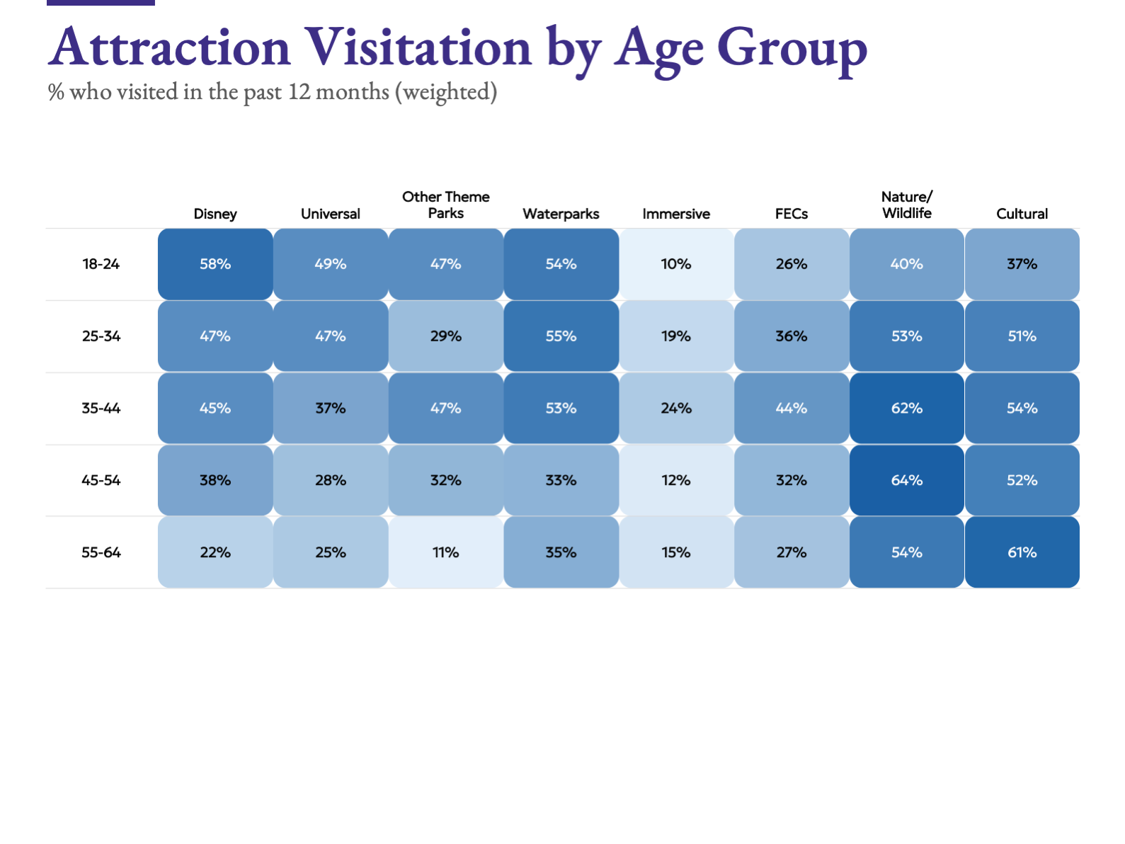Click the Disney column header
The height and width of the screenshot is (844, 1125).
click(215, 214)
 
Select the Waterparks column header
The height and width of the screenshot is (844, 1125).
click(561, 214)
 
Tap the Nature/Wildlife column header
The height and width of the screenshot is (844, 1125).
click(906, 205)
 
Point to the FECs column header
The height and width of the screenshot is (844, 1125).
click(791, 214)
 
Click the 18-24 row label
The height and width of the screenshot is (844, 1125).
click(101, 264)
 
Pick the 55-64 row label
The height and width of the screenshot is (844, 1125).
click(101, 552)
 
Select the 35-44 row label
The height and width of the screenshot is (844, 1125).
click(101, 409)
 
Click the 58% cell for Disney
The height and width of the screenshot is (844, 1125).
click(215, 264)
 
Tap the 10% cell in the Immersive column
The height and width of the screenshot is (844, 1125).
click(676, 264)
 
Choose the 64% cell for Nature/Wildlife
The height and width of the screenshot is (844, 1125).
click(907, 480)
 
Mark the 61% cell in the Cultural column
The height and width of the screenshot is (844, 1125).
click(1022, 552)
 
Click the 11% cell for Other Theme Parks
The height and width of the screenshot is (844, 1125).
click(446, 552)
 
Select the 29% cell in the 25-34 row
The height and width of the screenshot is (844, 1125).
click(446, 336)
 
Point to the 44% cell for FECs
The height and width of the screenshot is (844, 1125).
click(792, 409)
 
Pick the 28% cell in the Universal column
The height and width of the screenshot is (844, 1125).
click(331, 480)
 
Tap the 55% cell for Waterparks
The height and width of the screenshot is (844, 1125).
click(561, 336)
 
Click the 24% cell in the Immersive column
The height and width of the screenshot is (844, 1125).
click(676, 409)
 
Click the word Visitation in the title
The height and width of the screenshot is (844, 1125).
click(418, 47)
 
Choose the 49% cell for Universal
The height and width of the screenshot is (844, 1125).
click(331, 264)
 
